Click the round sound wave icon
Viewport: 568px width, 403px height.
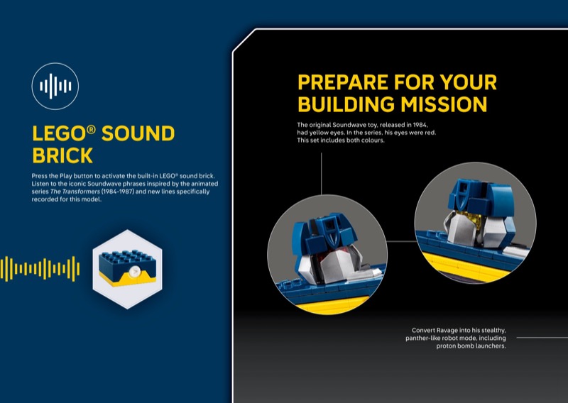click(x=55, y=86)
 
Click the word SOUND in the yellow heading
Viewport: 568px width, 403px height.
click(x=138, y=133)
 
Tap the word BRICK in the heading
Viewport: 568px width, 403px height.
click(x=62, y=155)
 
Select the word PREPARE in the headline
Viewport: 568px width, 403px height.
click(x=343, y=82)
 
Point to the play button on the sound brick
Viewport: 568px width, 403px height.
click(x=134, y=271)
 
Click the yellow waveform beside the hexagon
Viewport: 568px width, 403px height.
click(x=40, y=269)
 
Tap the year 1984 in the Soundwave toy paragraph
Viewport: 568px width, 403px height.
click(x=420, y=125)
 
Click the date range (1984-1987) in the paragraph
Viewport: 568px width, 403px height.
click(x=117, y=192)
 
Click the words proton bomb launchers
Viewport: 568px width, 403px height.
click(x=471, y=346)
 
